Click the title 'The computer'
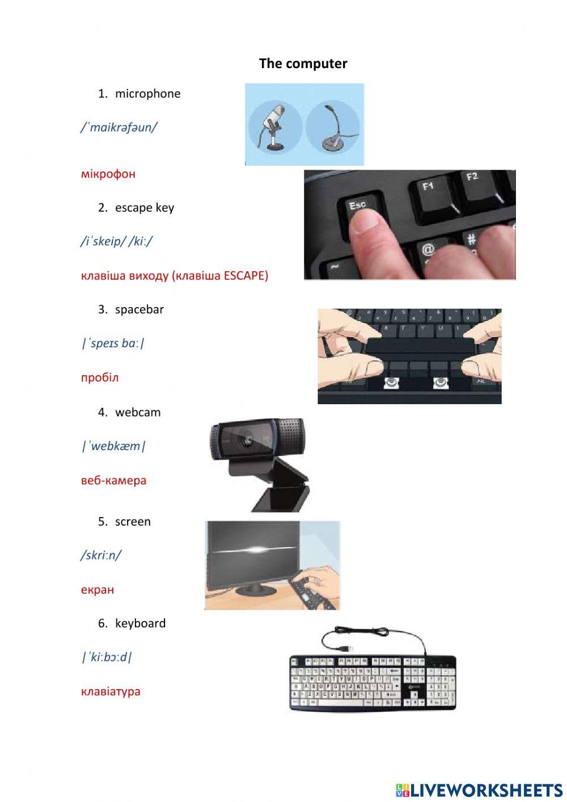[303, 64]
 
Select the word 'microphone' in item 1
[147, 94]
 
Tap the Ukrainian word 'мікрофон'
[108, 174]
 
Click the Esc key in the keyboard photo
[358, 207]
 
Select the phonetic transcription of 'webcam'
[113, 446]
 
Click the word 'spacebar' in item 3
[139, 309]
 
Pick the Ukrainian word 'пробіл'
[100, 377]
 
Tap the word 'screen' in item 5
[133, 522]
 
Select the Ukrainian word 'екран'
[98, 590]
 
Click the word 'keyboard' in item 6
[140, 623]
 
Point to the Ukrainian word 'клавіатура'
[111, 691]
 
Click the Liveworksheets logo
[479, 790]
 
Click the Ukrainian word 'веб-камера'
[113, 480]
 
